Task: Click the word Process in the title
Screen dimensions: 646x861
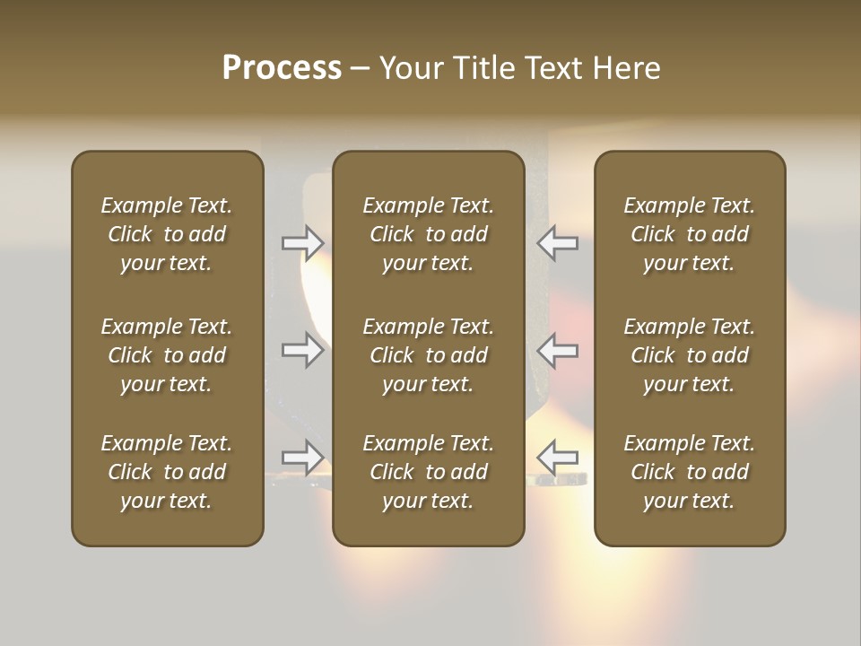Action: [x=282, y=68]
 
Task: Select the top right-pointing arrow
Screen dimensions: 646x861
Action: [x=302, y=242]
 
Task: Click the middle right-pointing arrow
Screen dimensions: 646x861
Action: [x=302, y=350]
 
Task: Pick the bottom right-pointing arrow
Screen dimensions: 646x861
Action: [x=302, y=457]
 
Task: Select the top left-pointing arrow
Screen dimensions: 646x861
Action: [x=557, y=242]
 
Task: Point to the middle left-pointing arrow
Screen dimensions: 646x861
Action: [x=557, y=350]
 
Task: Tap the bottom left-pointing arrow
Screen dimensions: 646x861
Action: [x=557, y=457]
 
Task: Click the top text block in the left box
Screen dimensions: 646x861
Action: [x=167, y=234]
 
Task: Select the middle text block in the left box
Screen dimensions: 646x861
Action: [x=167, y=355]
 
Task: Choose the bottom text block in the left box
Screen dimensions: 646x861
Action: [x=167, y=472]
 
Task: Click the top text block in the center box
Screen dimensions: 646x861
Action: [x=428, y=234]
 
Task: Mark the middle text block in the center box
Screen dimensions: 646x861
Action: [x=428, y=355]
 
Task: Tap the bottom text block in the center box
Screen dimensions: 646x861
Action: [x=428, y=472]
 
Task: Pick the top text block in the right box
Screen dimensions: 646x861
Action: [x=689, y=234]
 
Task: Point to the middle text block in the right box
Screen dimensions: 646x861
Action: [x=689, y=355]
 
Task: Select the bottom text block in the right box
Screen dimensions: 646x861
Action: [x=689, y=472]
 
